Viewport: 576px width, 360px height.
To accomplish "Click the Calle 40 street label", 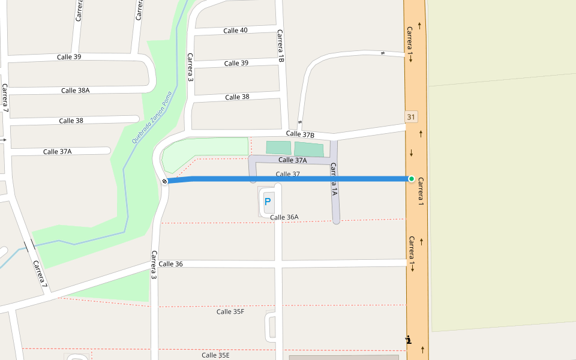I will tap(235, 31).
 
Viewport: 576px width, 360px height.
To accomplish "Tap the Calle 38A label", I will tap(75, 91).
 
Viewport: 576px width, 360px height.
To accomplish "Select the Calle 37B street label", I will tap(300, 134).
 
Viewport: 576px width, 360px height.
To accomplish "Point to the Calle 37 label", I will tap(287, 174).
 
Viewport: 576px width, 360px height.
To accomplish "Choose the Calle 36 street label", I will tap(170, 264).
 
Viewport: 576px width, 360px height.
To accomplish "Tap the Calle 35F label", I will tap(230, 311).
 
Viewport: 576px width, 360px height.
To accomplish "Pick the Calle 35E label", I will tap(215, 355).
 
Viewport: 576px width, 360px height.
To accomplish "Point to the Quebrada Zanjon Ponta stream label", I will tap(152, 116).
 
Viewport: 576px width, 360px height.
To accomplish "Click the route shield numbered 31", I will tap(411, 116).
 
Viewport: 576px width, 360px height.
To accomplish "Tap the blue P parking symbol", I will tap(268, 202).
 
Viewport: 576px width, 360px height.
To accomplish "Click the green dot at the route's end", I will tap(412, 179).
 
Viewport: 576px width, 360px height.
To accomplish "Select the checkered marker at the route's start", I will tap(164, 181).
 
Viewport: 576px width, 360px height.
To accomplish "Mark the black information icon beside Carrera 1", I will tap(409, 340).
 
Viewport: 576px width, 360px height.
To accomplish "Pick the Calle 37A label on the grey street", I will tap(293, 160).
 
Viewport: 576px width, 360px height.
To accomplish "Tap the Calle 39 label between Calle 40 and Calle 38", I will tap(236, 63).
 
